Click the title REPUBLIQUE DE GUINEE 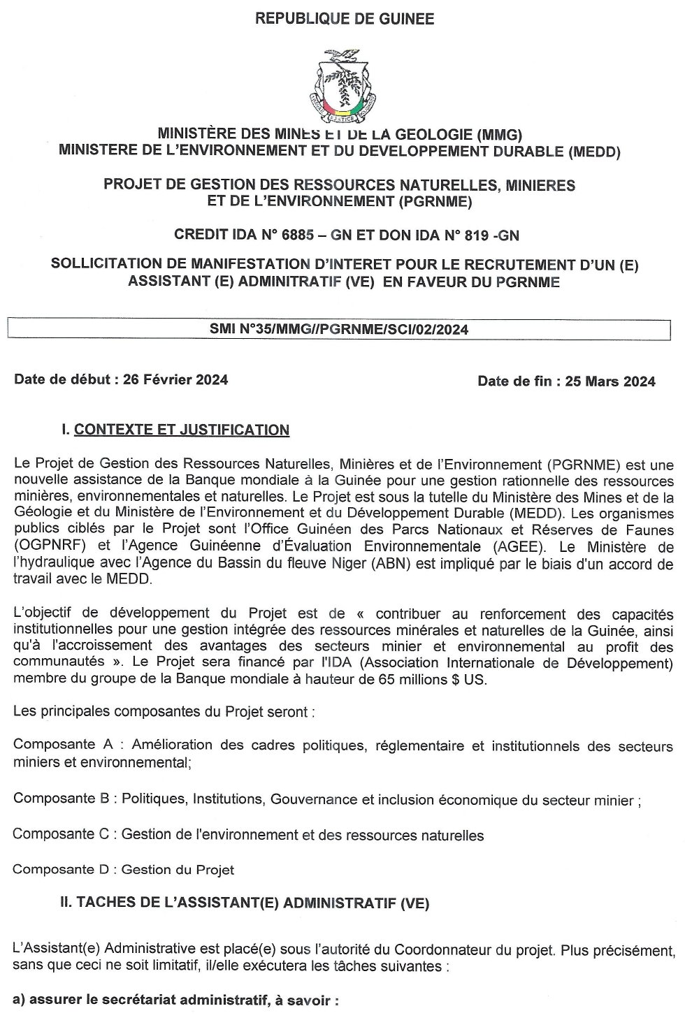tap(345, 19)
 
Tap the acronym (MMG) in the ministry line tap(498, 134)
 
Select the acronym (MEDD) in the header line tap(594, 150)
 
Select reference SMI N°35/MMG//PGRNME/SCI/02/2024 tap(339, 330)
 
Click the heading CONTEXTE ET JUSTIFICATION tap(182, 430)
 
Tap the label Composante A tap(63, 745)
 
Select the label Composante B tap(63, 799)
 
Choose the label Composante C tap(63, 834)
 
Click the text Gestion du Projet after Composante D tap(178, 870)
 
